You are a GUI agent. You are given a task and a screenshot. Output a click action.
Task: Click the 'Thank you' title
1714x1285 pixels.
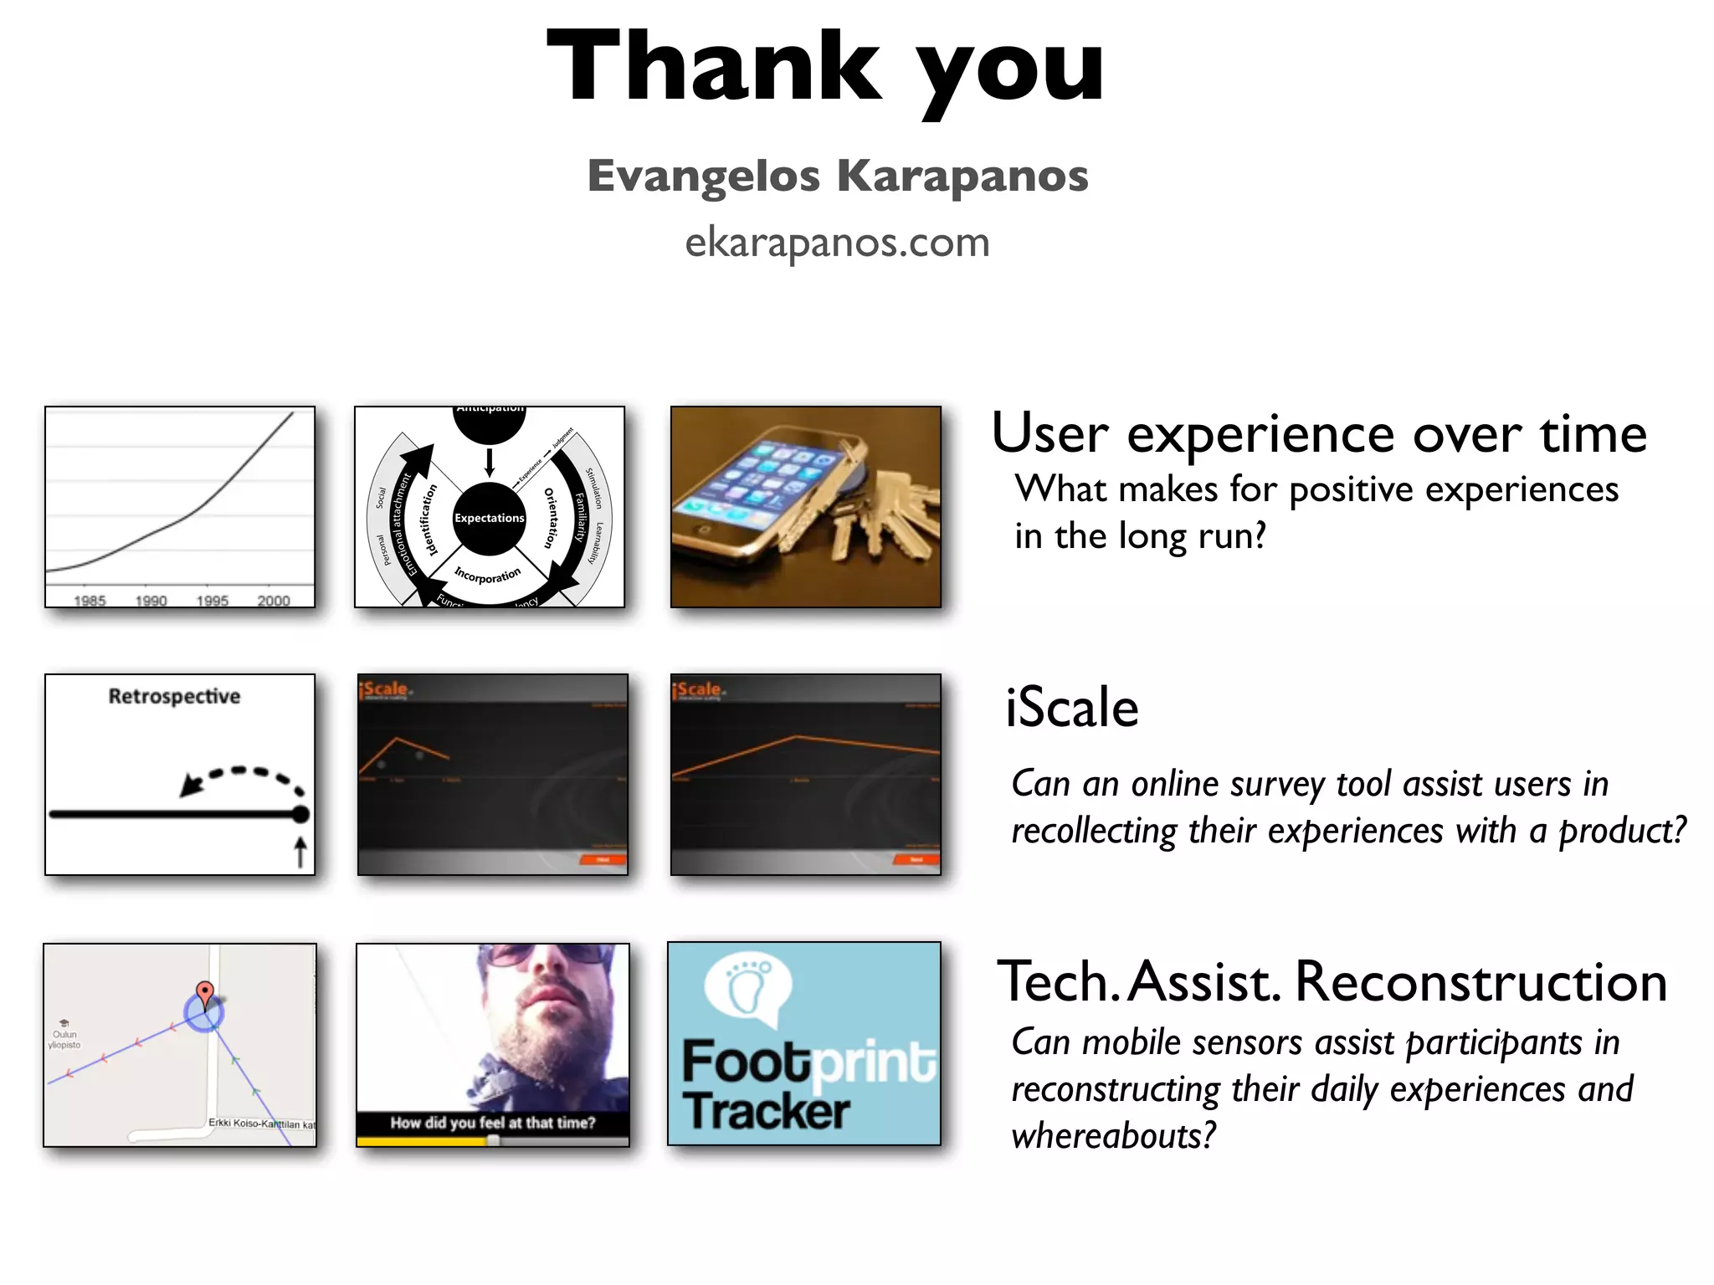click(x=825, y=69)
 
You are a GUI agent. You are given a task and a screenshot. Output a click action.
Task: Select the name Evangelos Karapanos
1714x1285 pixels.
click(x=837, y=177)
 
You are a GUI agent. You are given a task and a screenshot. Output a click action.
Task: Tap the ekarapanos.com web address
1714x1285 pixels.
click(x=837, y=243)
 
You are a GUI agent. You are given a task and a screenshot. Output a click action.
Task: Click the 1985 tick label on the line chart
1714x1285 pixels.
click(x=90, y=600)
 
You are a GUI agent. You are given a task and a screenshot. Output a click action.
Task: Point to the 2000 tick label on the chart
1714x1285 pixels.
click(x=274, y=600)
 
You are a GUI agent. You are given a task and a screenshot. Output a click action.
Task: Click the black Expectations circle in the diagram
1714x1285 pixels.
click(x=490, y=518)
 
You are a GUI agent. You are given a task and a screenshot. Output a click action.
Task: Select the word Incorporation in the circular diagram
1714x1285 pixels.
click(x=487, y=575)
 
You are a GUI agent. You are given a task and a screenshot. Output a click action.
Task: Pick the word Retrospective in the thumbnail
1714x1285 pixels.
click(x=174, y=696)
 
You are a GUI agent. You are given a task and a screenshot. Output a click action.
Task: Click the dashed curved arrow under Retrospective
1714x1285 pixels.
click(x=243, y=778)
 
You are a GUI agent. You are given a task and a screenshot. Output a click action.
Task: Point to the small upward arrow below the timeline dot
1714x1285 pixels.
click(x=300, y=852)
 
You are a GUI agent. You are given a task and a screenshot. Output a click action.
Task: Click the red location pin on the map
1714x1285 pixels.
click(x=204, y=993)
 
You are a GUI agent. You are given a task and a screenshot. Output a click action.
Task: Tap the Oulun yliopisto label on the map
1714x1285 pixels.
click(x=64, y=1039)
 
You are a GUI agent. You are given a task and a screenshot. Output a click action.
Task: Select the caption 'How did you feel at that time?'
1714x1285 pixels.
click(x=492, y=1123)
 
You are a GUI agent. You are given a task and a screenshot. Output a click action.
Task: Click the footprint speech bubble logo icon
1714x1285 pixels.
click(x=747, y=991)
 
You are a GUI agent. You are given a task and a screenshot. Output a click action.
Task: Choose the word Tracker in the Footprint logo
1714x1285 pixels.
click(x=766, y=1111)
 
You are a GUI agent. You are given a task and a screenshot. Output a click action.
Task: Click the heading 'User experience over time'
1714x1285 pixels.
click(x=1318, y=434)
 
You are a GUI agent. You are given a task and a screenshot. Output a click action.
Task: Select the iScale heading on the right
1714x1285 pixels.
click(x=1072, y=708)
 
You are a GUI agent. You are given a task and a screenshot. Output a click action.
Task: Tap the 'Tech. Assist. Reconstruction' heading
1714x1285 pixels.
click(x=1332, y=981)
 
